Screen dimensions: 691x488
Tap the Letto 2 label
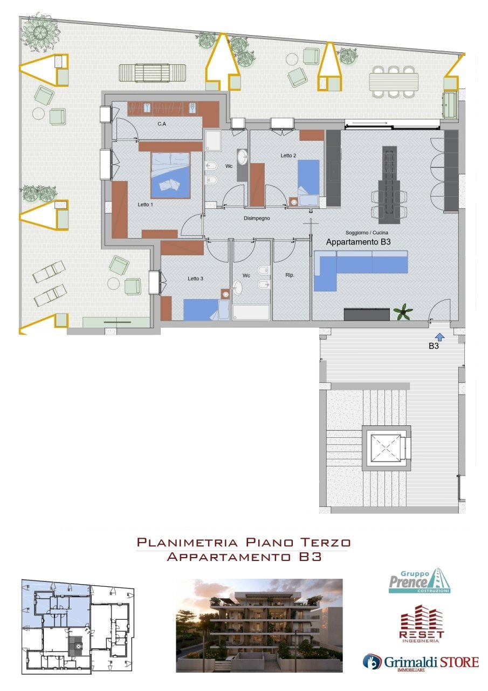point(288,155)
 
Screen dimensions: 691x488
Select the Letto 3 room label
point(196,279)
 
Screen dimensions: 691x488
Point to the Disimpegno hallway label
point(257,219)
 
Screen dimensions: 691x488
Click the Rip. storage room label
point(290,275)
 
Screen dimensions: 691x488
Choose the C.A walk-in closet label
point(161,124)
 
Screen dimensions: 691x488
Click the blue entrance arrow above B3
point(439,337)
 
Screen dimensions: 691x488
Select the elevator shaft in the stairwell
point(387,446)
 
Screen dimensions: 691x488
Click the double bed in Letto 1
point(170,174)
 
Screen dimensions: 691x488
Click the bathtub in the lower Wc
point(251,312)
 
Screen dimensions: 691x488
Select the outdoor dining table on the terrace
point(393,82)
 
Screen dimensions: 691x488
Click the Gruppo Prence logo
point(420,581)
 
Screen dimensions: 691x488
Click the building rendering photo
point(259,625)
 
